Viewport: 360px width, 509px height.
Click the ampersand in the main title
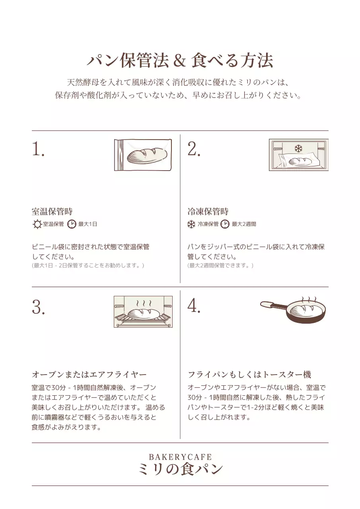[179, 61]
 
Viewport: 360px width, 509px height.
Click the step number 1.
[38, 149]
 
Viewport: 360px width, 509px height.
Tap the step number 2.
[194, 149]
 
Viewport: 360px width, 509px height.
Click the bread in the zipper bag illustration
[147, 155]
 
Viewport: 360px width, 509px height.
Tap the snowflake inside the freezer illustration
[298, 149]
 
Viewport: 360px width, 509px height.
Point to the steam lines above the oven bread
[144, 303]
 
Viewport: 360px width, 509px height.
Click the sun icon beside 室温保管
[37, 224]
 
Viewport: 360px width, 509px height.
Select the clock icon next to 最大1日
[72, 224]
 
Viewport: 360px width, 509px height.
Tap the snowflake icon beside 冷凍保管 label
[191, 224]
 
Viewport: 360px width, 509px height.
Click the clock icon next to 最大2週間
[225, 224]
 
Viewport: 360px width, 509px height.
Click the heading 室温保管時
[52, 211]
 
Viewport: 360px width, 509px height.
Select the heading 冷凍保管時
[208, 211]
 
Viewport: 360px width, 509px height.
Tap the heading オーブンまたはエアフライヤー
[90, 375]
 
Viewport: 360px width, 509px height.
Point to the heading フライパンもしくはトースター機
[249, 375]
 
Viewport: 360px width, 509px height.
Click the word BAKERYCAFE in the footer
[180, 457]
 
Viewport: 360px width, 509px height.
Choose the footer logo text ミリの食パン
[181, 469]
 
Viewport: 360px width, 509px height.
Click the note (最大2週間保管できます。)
[220, 265]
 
